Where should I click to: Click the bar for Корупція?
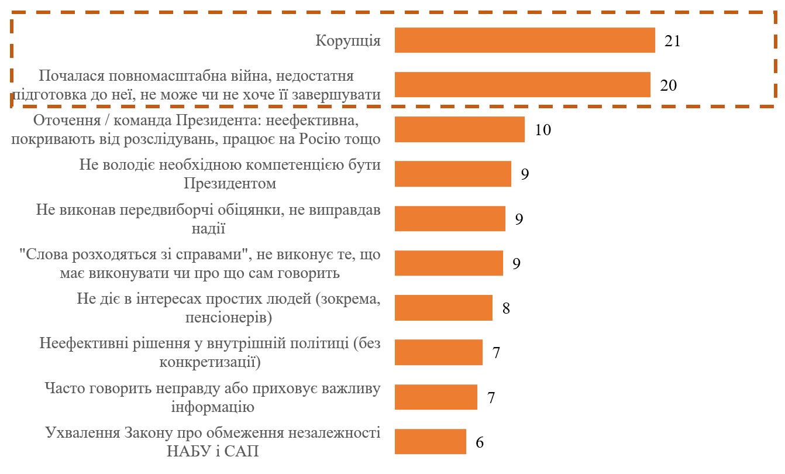[x=525, y=40]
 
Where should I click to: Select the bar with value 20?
[x=522, y=85]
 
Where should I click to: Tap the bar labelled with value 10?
[x=459, y=129]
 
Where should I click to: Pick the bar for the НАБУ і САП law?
[x=430, y=441]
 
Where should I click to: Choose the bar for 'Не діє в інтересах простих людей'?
[x=443, y=308]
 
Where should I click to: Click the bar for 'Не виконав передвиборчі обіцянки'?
[x=450, y=218]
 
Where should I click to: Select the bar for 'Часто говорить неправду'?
[x=436, y=397]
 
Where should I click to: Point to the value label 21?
[x=672, y=41]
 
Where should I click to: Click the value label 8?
[x=506, y=308]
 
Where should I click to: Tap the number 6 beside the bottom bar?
[x=480, y=442]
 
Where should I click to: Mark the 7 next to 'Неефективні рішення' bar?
[x=496, y=353]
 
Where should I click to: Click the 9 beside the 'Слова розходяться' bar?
[x=517, y=263]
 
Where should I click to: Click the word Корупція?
[x=348, y=41]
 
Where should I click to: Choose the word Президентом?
[x=230, y=184]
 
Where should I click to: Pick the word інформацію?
[x=212, y=407]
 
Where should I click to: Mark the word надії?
[x=209, y=228]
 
